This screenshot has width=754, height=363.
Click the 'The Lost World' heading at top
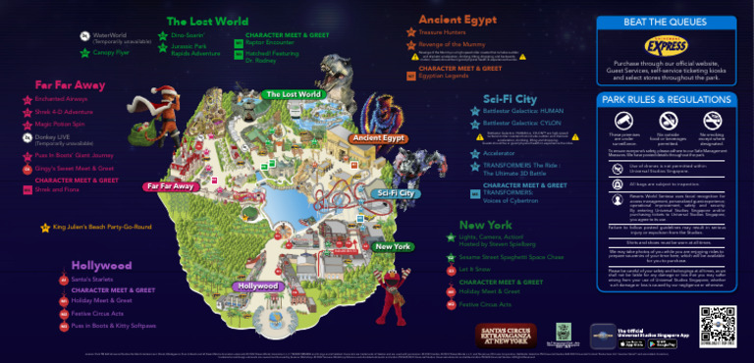tap(207, 22)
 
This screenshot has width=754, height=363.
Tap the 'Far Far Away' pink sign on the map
tap(169, 185)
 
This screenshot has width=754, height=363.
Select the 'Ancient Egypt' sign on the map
tap(378, 138)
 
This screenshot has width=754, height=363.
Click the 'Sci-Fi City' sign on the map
tap(394, 193)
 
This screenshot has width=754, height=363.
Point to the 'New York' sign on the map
tap(393, 246)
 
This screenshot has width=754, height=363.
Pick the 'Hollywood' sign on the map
tap(257, 285)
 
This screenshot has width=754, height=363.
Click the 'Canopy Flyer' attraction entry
tap(109, 53)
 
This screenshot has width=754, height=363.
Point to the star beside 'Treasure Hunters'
tap(411, 32)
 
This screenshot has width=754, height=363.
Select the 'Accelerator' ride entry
tap(500, 153)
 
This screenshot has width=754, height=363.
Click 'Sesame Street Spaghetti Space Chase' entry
tap(511, 257)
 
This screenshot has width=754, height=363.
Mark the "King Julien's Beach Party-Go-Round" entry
tap(102, 227)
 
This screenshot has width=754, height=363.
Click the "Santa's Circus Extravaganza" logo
tap(506, 333)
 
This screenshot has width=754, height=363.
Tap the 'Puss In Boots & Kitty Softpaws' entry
tap(113, 326)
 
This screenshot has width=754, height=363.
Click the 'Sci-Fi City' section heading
tap(511, 99)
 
